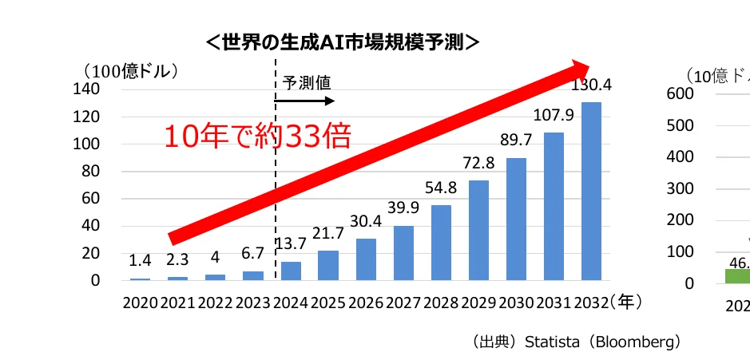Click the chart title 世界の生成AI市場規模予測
(x=343, y=42)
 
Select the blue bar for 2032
(x=591, y=192)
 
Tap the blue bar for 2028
(x=441, y=243)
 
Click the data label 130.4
(x=591, y=85)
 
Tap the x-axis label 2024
(x=291, y=303)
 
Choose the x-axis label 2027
(x=403, y=303)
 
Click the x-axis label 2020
(x=141, y=303)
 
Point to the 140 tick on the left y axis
(x=88, y=89)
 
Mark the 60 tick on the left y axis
(x=92, y=198)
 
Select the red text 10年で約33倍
(x=257, y=136)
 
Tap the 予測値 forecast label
(x=307, y=83)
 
